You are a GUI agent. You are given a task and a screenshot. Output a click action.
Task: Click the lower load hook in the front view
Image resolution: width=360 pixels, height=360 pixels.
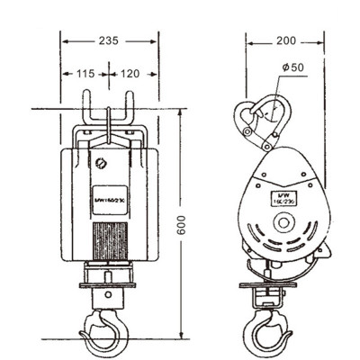[105, 331]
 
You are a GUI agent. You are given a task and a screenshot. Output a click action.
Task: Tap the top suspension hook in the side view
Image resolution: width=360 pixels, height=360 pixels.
[256, 121]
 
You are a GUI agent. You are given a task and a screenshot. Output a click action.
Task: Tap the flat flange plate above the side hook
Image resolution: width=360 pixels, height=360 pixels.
[266, 286]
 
